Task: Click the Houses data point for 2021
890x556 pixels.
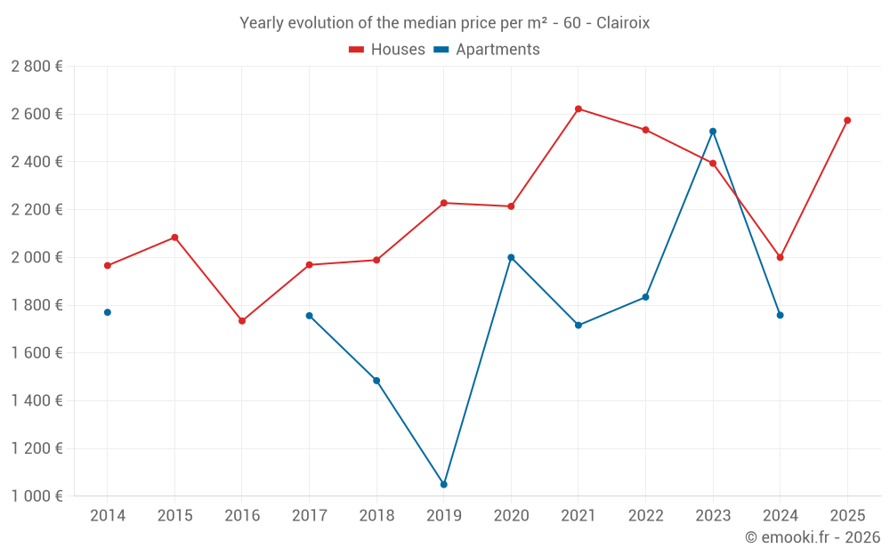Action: coord(578,109)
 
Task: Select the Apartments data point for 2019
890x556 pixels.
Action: coord(443,485)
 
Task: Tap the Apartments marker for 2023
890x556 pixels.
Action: coord(713,132)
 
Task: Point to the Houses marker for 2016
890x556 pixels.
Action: coord(242,321)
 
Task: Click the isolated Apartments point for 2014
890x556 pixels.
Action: coord(108,312)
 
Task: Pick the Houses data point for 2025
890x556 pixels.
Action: coord(847,120)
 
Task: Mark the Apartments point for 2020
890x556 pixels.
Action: coord(511,257)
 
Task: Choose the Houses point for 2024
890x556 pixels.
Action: coord(780,257)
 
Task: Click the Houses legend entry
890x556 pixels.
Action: coord(387,50)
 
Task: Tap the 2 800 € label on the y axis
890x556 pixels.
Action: coord(36,67)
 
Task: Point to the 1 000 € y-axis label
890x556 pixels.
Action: coord(36,496)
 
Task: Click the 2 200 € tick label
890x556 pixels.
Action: coord(36,210)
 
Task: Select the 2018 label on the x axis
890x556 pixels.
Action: coord(376,516)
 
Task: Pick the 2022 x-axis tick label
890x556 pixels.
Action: coord(645,516)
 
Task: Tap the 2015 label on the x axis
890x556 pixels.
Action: coord(174,516)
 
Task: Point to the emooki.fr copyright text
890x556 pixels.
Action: coord(813,537)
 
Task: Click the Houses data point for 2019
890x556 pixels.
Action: coord(443,203)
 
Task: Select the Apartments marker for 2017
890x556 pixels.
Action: coord(309,316)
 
